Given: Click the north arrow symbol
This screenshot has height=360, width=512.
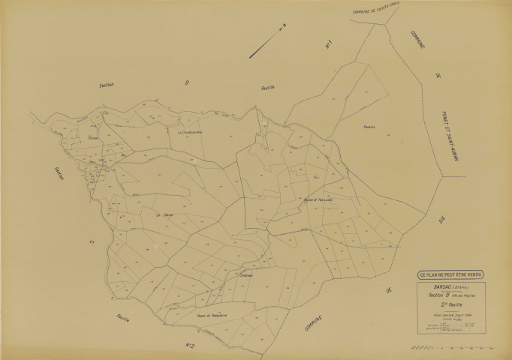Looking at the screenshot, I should click(x=268, y=41).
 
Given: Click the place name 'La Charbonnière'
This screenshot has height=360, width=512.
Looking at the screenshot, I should click(x=190, y=132).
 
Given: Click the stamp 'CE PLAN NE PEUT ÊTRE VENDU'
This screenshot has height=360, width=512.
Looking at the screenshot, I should click(x=447, y=274).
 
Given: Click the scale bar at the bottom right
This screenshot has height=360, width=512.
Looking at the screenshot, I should click(x=450, y=348).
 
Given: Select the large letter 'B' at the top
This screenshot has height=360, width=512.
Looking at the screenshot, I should click(x=186, y=83).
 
